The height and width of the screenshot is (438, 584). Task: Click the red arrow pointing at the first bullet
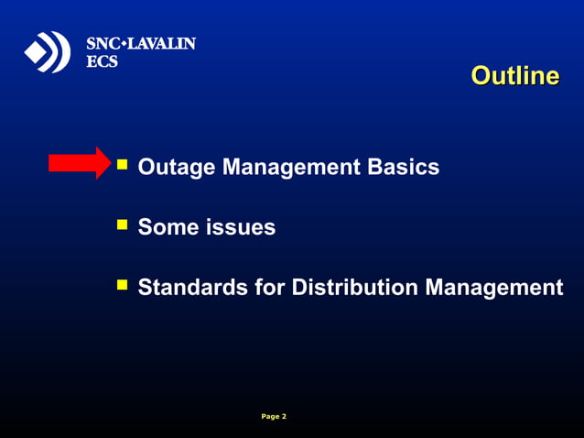[79, 163]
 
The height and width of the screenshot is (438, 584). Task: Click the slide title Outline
[514, 76]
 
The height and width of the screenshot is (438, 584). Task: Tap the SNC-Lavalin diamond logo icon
[47, 52]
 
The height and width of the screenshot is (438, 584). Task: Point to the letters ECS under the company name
[102, 61]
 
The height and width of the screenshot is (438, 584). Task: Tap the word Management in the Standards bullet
[493, 288]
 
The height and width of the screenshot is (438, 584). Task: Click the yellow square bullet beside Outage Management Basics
[122, 165]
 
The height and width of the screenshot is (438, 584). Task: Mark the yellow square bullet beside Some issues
[122, 224]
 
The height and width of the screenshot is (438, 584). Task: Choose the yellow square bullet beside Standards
[122, 285]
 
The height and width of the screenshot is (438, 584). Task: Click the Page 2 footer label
[274, 417]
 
